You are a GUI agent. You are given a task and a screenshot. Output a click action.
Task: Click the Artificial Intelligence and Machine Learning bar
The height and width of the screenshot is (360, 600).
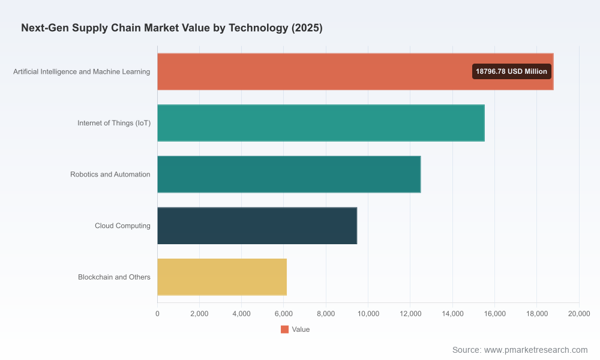pos(355,71)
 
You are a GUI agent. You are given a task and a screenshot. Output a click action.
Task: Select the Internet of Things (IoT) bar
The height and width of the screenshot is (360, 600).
pos(321,123)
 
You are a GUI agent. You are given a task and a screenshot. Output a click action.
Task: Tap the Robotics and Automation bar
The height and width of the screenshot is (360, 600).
pos(289,174)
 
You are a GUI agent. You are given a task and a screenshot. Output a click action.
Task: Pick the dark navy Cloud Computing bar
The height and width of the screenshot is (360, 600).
pos(257,226)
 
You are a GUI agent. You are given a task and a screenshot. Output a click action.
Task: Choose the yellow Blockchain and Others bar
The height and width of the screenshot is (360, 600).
pos(222,277)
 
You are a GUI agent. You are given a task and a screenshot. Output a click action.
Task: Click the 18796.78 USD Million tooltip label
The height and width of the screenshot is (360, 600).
pos(512,71)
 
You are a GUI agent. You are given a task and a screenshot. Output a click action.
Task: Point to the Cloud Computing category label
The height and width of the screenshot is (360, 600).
pos(122,226)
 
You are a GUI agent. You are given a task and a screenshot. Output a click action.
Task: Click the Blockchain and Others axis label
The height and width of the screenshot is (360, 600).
pos(114,277)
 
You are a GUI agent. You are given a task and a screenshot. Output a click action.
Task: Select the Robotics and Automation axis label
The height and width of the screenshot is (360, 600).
pos(110,174)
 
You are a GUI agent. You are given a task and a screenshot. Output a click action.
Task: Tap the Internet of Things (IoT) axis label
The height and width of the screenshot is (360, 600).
pos(114,123)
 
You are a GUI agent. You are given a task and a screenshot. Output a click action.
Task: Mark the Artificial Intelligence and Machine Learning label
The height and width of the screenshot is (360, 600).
pos(82,71)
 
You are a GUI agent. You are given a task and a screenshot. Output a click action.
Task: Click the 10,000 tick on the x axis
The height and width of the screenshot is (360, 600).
pos(368,314)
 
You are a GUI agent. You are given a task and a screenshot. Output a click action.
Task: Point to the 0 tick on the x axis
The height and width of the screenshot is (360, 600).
pos(157,314)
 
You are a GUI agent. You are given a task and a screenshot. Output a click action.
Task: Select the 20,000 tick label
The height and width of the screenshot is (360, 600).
pos(579,314)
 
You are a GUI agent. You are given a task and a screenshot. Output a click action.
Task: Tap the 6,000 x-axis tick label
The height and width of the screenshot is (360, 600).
pos(284,314)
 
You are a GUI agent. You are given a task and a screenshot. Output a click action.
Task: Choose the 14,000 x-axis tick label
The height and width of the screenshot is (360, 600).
pos(452,314)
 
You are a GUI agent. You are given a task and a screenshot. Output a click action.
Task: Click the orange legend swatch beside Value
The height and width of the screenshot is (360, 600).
pos(284,329)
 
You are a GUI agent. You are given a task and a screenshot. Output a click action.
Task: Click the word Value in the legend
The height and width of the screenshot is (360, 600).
pos(301,329)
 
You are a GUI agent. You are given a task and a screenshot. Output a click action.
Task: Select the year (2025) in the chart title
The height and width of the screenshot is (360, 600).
pos(307,28)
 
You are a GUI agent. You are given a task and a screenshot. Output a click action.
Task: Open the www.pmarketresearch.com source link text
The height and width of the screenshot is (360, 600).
pos(536,350)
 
